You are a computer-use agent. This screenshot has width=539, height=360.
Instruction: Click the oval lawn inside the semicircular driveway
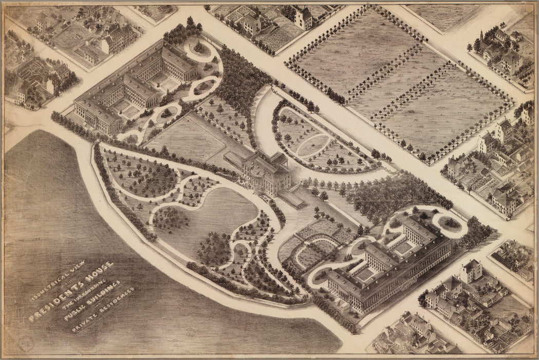coord(313,146)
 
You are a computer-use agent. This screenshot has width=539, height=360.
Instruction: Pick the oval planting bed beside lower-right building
coord(449,223)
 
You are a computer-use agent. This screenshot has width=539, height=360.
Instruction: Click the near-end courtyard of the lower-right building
coord(366,274)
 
